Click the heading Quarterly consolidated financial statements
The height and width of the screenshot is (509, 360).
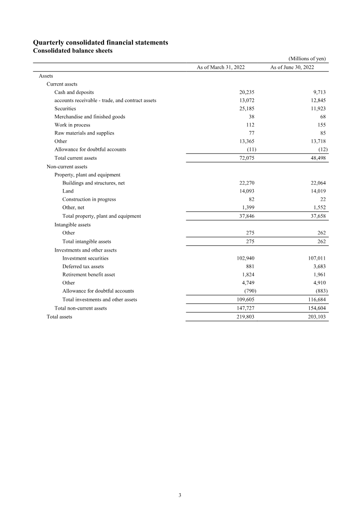(x=101, y=42)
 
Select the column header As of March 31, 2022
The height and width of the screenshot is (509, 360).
(x=220, y=68)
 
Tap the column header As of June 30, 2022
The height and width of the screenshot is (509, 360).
(x=292, y=68)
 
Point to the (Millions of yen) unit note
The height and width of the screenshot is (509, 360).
(x=307, y=59)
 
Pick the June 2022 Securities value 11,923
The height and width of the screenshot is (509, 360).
(x=317, y=108)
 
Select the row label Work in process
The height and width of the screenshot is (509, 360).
(x=72, y=125)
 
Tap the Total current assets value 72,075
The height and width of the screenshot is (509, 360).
(x=247, y=158)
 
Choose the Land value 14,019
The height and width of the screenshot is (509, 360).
(x=317, y=191)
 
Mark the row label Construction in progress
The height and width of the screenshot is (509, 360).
(x=89, y=199)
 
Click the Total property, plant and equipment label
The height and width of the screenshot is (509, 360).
(x=101, y=216)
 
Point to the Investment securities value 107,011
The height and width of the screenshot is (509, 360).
(x=315, y=258)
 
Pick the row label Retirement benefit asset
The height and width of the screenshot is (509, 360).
(x=89, y=275)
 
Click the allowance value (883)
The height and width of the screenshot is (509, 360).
(x=319, y=291)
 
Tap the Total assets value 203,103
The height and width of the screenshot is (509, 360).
(x=315, y=317)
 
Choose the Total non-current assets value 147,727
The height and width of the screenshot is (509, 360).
(x=245, y=308)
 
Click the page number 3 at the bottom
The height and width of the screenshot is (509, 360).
(x=180, y=495)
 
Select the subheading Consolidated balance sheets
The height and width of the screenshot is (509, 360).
(x=73, y=51)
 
